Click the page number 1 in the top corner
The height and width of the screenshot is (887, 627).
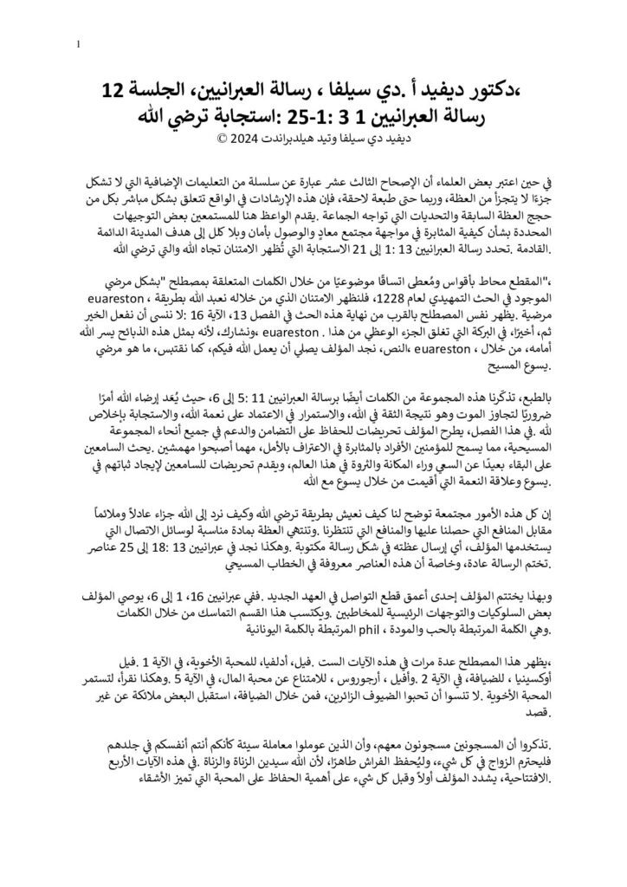click(79, 44)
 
